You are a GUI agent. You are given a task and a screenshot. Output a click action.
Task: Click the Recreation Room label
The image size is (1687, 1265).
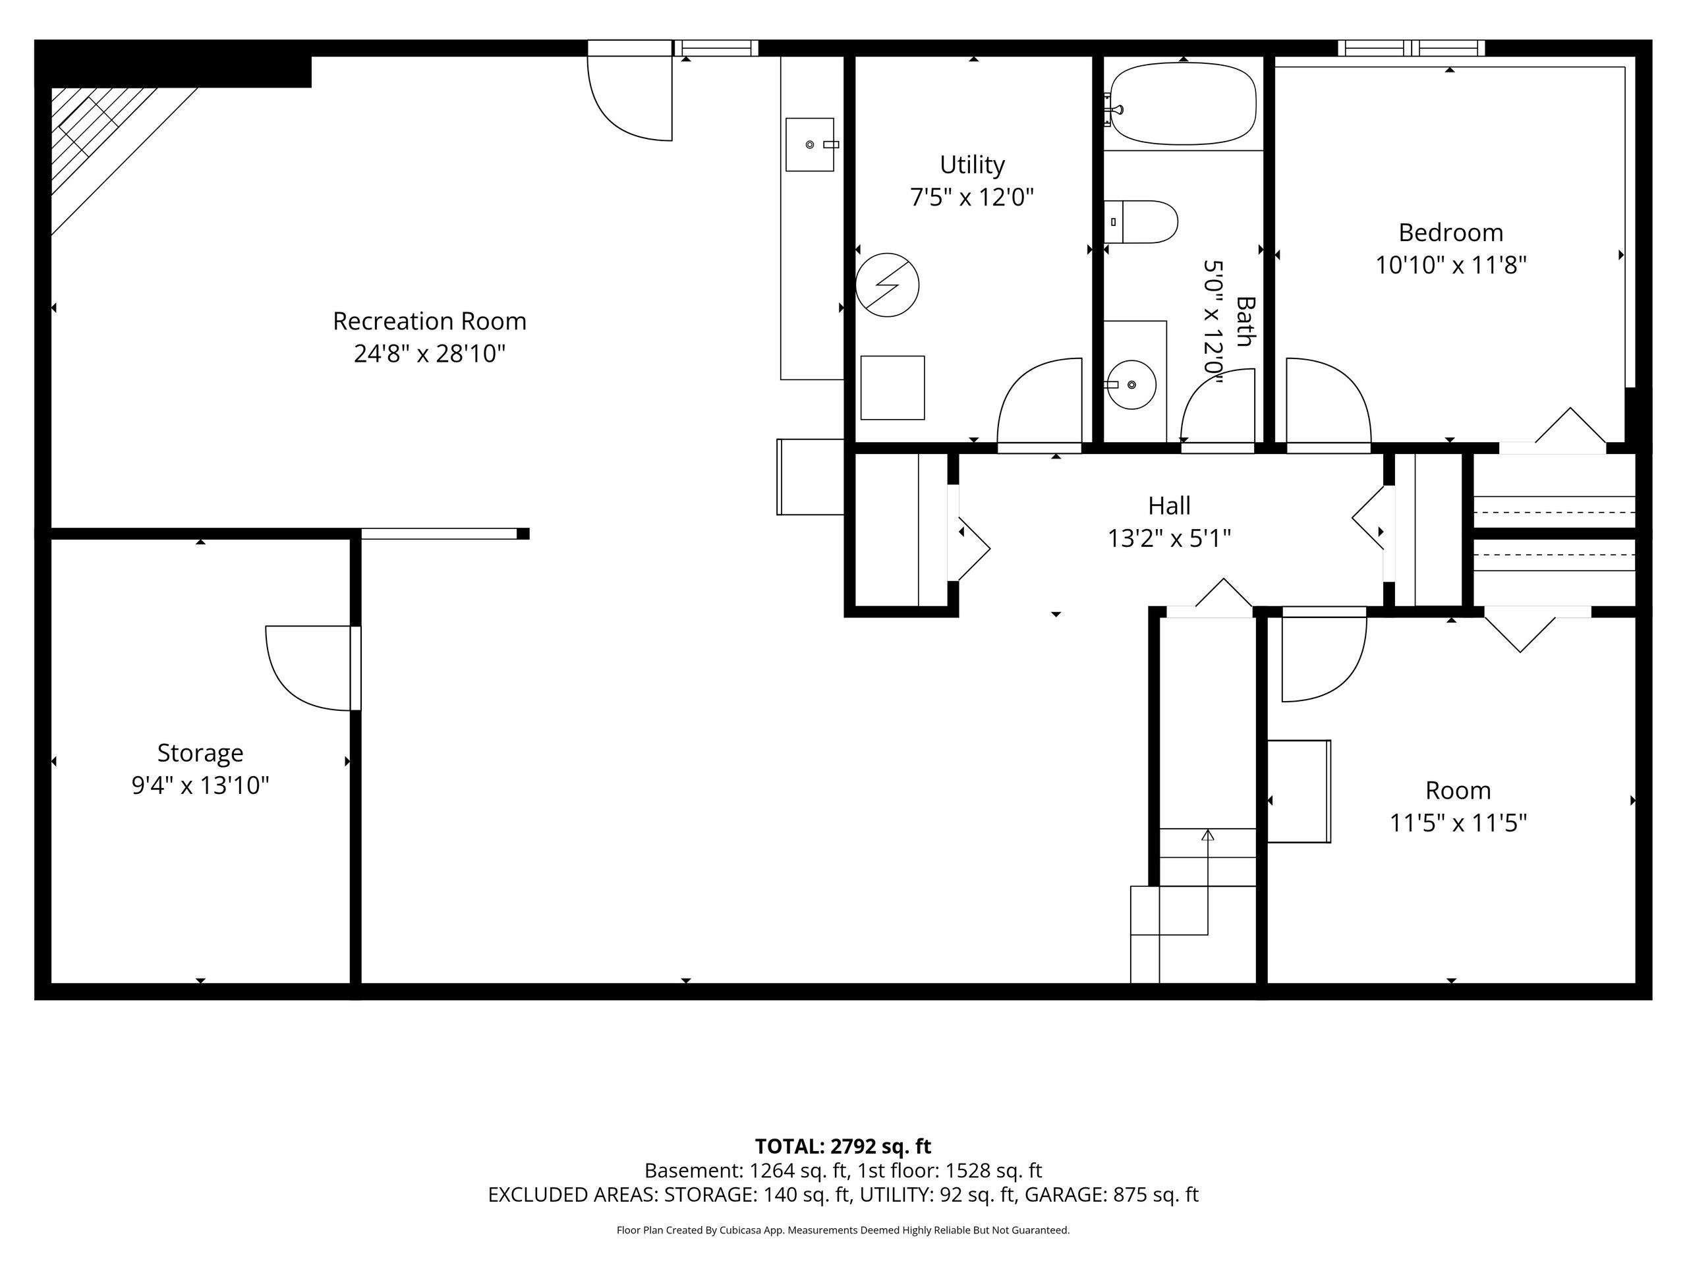tap(430, 321)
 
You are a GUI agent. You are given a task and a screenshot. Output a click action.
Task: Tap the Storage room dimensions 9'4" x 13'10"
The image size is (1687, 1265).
tap(200, 785)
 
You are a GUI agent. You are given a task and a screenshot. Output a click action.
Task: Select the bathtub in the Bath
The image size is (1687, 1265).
tap(1182, 103)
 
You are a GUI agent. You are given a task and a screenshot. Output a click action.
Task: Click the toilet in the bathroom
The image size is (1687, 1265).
tap(1141, 222)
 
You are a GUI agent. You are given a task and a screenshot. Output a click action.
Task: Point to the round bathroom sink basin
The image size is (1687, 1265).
tap(1131, 384)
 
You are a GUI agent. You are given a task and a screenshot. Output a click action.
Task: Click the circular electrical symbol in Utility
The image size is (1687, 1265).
tap(887, 285)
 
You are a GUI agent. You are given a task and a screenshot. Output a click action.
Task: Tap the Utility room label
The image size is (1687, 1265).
tap(973, 165)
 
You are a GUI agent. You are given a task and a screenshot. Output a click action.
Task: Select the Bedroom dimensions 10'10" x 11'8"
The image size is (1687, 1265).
tap(1450, 266)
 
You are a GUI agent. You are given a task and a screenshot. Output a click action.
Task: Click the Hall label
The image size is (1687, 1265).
tap(1169, 505)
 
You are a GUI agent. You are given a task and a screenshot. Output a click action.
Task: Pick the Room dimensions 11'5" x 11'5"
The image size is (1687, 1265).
tap(1458, 824)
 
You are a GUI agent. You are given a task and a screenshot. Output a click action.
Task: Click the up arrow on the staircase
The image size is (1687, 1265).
tap(1207, 882)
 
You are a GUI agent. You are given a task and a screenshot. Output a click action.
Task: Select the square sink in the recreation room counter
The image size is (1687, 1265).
tap(810, 144)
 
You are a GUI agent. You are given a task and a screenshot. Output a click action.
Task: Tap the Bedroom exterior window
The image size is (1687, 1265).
tap(1411, 48)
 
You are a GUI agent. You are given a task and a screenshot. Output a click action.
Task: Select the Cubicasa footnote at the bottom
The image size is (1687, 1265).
tap(843, 1230)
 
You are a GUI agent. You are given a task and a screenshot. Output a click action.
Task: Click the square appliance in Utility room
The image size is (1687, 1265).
tap(892, 387)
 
